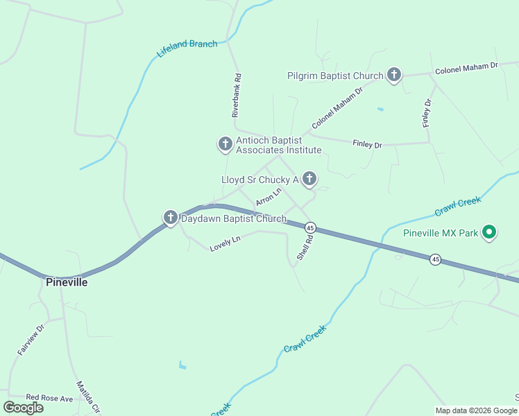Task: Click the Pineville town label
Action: pyautogui.click(x=67, y=282)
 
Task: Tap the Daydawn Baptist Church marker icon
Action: pyautogui.click(x=171, y=218)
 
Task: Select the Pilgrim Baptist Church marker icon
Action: pyautogui.click(x=394, y=75)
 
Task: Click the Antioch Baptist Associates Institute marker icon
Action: pyautogui.click(x=225, y=144)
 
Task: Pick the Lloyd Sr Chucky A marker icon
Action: pyautogui.click(x=309, y=180)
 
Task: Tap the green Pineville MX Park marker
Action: pyautogui.click(x=489, y=232)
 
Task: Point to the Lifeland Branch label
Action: pyautogui.click(x=187, y=49)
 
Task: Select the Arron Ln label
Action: pyautogui.click(x=269, y=196)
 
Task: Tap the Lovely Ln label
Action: pyautogui.click(x=225, y=243)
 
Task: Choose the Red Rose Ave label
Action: pyautogui.click(x=49, y=398)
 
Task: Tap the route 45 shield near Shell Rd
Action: pyautogui.click(x=310, y=227)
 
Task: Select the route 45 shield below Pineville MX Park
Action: pyautogui.click(x=435, y=259)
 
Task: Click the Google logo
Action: pyautogui.click(x=24, y=407)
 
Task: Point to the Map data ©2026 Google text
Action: pyautogui.click(x=475, y=410)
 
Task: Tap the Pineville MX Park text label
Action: pyautogui.click(x=441, y=233)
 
